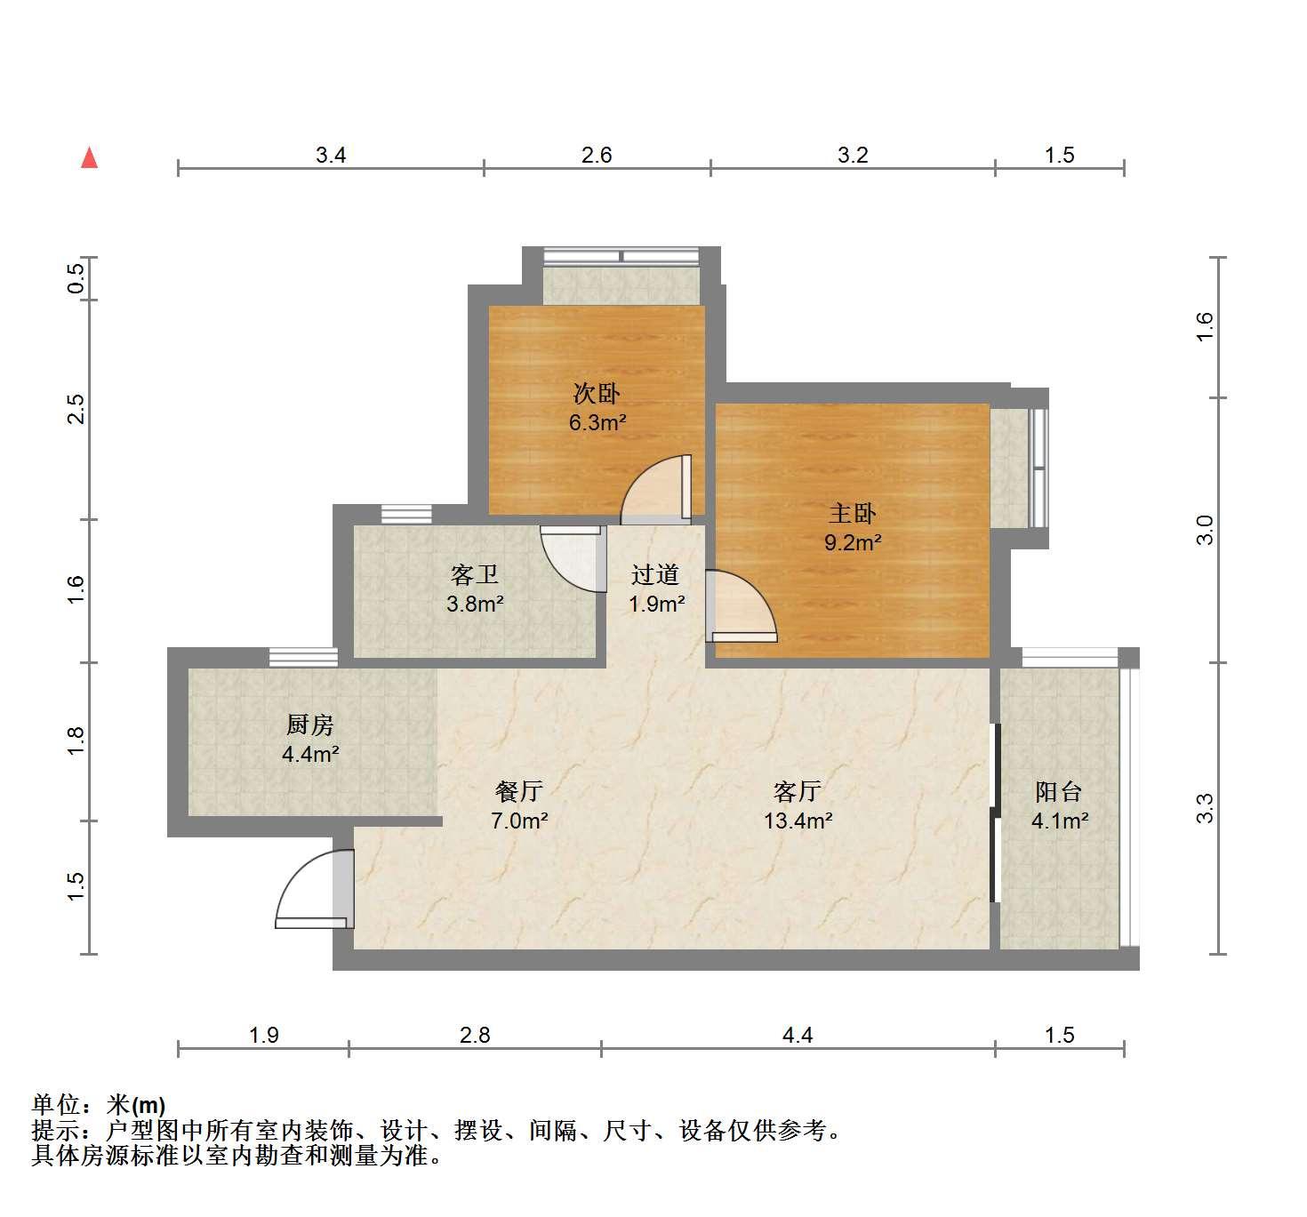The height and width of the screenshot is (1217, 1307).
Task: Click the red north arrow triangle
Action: click(90, 158)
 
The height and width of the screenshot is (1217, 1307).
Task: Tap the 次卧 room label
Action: click(597, 393)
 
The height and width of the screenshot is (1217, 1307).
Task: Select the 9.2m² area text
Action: click(853, 542)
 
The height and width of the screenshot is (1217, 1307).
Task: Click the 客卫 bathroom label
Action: click(475, 574)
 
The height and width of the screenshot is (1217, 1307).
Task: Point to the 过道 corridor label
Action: click(655, 574)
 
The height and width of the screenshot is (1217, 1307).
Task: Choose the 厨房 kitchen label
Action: click(310, 725)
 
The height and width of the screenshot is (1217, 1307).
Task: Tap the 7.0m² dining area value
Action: click(519, 821)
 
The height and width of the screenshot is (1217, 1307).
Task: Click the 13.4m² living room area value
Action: click(798, 821)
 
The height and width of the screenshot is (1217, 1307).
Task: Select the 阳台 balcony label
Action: click(1059, 791)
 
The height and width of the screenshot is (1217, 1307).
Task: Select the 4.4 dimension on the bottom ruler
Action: click(798, 1036)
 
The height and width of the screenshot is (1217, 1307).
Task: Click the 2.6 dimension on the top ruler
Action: click(597, 155)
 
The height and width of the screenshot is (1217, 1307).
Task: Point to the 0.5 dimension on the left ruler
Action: click(76, 278)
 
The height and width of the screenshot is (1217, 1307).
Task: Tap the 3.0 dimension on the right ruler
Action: click(1205, 531)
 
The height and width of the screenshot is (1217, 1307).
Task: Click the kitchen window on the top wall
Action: click(303, 658)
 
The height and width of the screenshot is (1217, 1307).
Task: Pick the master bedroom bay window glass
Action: click(1039, 468)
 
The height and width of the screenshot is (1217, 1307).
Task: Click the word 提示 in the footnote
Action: click(55, 1130)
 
